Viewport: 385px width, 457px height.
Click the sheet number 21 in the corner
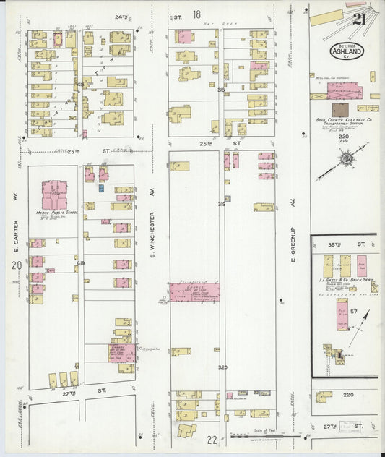click(358, 19)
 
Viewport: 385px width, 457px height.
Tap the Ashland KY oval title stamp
click(347, 51)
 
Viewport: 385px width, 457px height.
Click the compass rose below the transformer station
click(346, 158)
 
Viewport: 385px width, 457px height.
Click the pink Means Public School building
click(55, 195)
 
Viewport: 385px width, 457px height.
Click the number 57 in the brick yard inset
click(354, 311)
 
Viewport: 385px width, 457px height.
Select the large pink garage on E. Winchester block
click(195, 291)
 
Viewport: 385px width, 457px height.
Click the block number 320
click(222, 367)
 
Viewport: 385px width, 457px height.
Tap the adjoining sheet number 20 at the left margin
click(14, 267)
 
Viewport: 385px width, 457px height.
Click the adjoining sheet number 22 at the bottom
click(212, 439)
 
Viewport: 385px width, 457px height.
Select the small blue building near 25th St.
click(101, 188)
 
